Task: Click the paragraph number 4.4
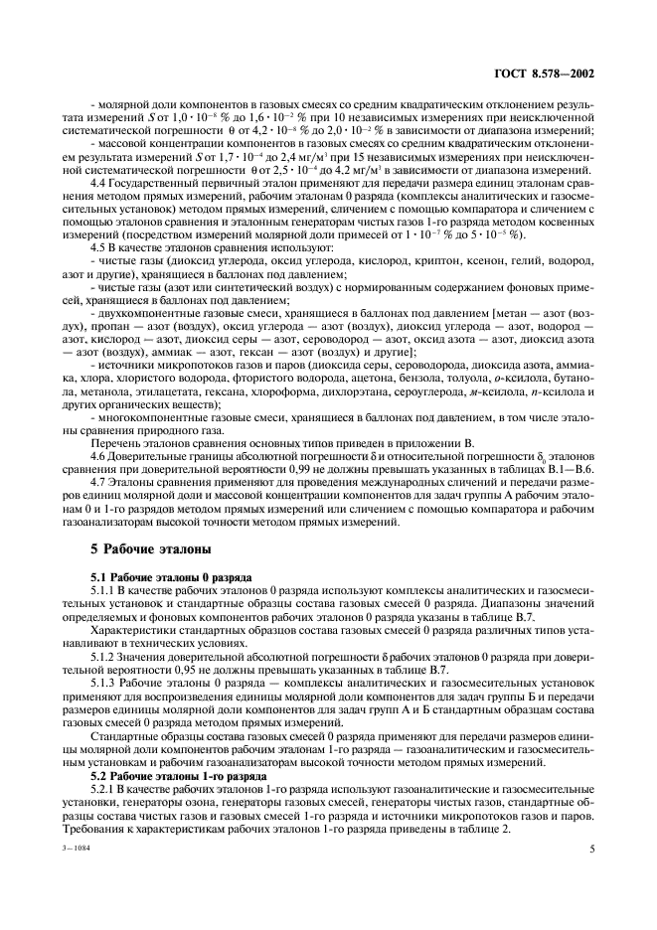click(99, 183)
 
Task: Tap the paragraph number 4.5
click(99, 245)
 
